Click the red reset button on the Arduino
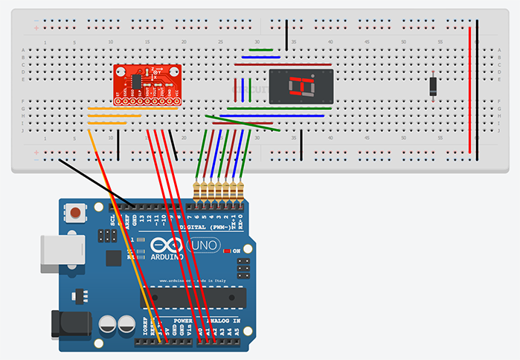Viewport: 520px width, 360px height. (x=75, y=215)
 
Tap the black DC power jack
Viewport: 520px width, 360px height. (x=65, y=325)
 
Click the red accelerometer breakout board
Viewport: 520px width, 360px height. (x=147, y=83)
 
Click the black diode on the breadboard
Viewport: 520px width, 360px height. (x=433, y=86)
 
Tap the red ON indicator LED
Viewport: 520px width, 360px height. (x=227, y=251)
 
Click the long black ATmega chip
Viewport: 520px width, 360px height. (x=193, y=296)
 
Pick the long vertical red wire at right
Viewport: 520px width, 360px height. (x=469, y=89)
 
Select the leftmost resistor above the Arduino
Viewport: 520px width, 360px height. (x=197, y=192)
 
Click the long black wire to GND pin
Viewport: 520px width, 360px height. (x=97, y=181)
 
